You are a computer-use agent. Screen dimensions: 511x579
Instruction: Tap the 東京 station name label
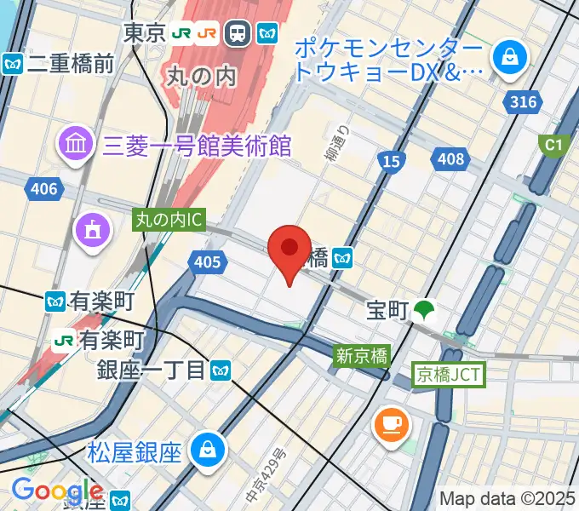[x=144, y=33]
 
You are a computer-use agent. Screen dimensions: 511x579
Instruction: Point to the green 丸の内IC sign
[x=169, y=220]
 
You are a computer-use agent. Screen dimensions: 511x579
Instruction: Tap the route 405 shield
[x=207, y=264]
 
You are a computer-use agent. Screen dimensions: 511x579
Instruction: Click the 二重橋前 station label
[x=70, y=63]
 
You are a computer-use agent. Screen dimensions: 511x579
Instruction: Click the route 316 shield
[x=524, y=103]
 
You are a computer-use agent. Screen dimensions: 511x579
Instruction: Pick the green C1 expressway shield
[x=554, y=145]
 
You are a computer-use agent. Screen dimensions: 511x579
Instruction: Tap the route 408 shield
[x=450, y=158]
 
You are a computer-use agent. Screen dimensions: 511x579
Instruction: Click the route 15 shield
[x=392, y=161]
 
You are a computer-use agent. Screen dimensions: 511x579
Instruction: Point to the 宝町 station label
[x=387, y=311]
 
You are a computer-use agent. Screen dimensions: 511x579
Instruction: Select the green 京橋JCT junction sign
[x=449, y=373]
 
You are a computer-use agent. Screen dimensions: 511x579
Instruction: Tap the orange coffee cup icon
[x=391, y=422]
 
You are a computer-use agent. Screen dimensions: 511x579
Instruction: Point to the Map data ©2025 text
[x=507, y=497]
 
